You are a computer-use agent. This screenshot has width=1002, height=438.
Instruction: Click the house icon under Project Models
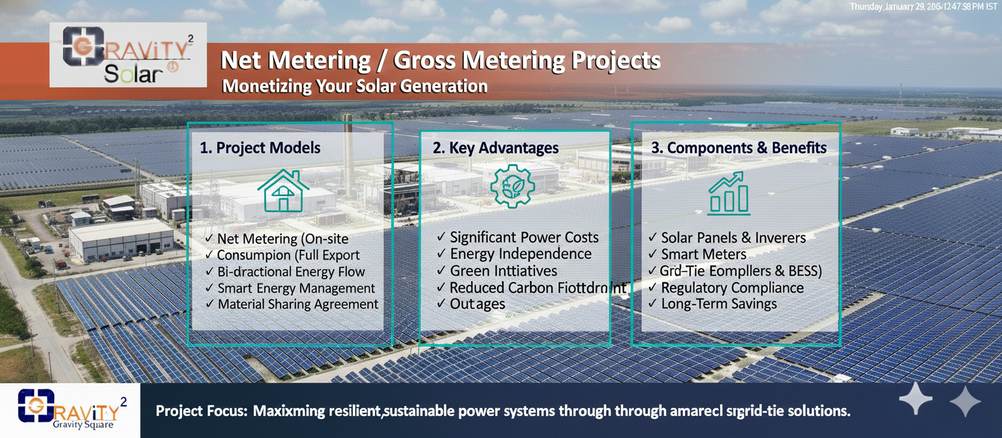point(283,190)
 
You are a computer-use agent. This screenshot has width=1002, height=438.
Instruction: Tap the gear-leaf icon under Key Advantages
point(512,187)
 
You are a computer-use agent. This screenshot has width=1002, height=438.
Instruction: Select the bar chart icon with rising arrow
point(729,193)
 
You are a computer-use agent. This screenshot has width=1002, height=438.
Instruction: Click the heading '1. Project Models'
point(260,148)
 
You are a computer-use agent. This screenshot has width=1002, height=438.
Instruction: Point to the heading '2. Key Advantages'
point(496,148)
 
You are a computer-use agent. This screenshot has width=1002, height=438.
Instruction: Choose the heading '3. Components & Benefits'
point(739,148)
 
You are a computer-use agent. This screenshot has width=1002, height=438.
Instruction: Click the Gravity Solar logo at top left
point(128,55)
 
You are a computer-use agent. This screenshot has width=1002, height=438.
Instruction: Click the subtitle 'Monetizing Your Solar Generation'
point(355,86)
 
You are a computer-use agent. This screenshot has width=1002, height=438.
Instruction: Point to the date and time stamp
point(924,7)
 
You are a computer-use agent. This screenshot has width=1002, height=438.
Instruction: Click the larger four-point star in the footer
point(916,400)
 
